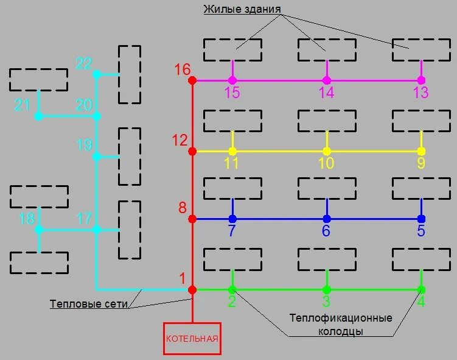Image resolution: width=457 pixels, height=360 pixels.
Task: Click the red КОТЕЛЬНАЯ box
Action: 192,338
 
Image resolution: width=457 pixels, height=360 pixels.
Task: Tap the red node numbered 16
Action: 192,80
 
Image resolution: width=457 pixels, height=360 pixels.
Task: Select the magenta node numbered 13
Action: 421,80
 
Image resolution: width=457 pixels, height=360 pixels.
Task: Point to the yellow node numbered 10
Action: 327,151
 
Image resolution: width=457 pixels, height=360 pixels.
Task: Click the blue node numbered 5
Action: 421,219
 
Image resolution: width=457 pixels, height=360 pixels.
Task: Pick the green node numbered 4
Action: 421,289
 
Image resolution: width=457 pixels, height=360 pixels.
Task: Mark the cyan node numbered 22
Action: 96,74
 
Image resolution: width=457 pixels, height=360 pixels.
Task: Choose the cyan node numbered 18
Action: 39,230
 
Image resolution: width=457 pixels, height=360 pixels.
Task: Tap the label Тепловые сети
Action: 89,305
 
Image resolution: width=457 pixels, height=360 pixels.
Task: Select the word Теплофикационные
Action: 340,318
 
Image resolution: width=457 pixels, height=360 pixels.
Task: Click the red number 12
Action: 180,140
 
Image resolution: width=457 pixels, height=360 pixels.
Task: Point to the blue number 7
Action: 231,231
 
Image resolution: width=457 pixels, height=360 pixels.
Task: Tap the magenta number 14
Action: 327,93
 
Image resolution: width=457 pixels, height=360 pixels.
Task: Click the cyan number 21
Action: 23,105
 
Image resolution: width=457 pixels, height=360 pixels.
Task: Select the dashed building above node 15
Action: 232,50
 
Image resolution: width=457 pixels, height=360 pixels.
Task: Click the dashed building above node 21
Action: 38,80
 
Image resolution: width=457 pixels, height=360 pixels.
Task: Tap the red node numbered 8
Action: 192,219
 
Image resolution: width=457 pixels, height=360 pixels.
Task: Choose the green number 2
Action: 232,302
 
